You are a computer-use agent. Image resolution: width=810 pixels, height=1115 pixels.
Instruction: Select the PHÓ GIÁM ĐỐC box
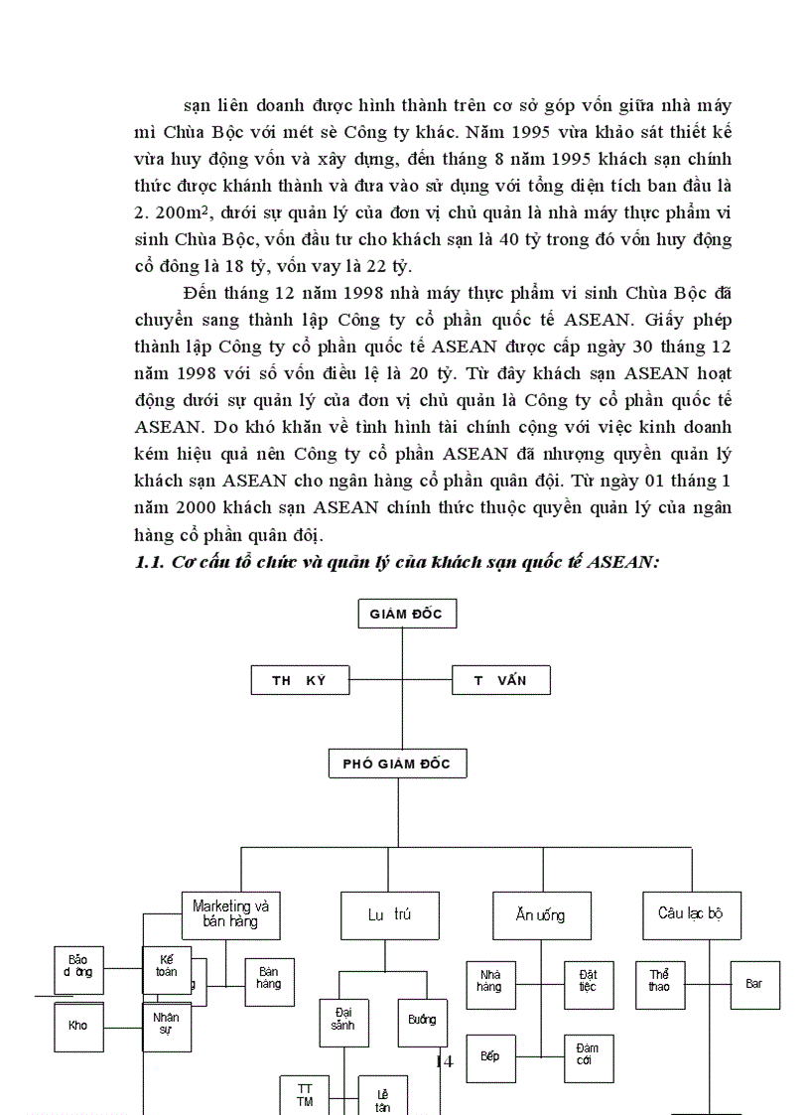(397, 764)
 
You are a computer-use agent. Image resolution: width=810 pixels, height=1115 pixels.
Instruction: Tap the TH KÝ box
(300, 680)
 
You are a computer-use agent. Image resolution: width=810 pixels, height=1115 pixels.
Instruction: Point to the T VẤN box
(500, 680)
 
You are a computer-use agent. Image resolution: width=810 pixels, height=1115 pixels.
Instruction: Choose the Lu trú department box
(389, 914)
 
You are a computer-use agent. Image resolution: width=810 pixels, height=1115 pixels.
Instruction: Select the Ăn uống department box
(542, 914)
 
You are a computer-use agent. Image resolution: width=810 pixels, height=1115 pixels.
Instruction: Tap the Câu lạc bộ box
(692, 913)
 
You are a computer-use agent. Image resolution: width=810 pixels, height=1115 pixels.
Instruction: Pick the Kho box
(78, 1026)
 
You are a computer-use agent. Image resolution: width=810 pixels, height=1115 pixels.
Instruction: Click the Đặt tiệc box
(589, 981)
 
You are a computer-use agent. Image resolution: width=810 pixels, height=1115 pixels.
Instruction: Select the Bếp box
(490, 1055)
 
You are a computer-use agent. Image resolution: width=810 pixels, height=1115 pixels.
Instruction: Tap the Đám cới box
(589, 1055)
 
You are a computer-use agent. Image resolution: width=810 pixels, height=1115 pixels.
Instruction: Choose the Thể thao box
(660, 981)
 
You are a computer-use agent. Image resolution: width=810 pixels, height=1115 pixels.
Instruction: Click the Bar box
(754, 984)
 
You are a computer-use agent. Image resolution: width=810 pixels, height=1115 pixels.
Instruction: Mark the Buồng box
(422, 1020)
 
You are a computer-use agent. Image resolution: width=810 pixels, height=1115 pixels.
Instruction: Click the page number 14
(444, 1061)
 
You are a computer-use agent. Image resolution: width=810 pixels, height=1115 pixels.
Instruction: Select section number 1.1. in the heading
(152, 562)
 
